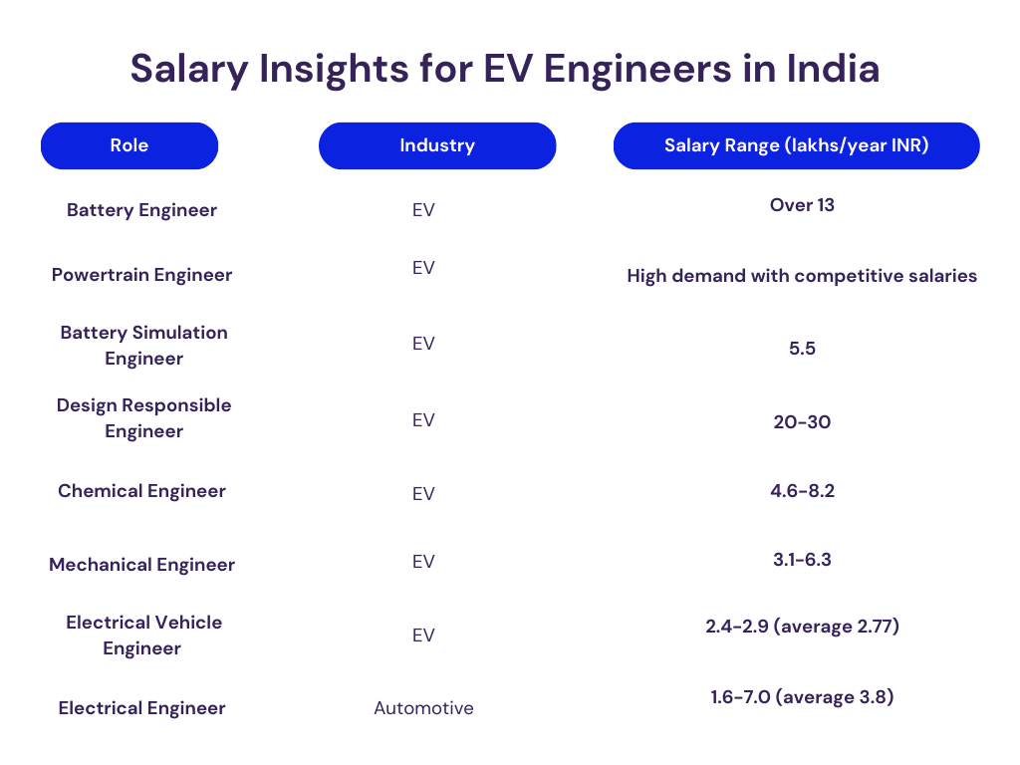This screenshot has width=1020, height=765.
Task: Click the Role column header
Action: click(x=129, y=145)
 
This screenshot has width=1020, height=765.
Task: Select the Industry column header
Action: click(x=436, y=145)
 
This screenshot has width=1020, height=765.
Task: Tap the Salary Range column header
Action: click(x=796, y=145)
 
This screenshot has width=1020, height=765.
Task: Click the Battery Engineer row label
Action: click(x=141, y=210)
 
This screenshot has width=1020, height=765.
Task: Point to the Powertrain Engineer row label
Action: click(x=141, y=275)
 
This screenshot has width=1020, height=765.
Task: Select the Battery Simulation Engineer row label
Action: click(x=143, y=345)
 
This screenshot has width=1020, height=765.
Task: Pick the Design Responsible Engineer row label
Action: click(x=143, y=418)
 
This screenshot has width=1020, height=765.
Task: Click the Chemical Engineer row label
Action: click(x=141, y=491)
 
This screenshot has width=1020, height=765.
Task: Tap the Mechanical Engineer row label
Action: click(x=141, y=565)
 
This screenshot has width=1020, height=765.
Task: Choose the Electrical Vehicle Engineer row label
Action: click(x=143, y=635)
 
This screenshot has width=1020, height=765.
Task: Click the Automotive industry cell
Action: click(x=423, y=708)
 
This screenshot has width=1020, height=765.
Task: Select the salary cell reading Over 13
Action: click(x=802, y=205)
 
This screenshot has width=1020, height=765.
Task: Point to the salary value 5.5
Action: click(x=802, y=350)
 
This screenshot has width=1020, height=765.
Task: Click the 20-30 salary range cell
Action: click(x=802, y=422)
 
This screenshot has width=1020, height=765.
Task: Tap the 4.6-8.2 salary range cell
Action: click(x=802, y=490)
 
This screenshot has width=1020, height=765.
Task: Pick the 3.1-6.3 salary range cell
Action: click(x=802, y=560)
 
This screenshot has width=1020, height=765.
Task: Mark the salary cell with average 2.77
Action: click(x=802, y=627)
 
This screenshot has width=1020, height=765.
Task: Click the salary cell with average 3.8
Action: click(x=802, y=697)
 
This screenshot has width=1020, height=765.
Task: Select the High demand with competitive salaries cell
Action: click(x=802, y=276)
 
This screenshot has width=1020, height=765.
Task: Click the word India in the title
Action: click(x=833, y=70)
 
